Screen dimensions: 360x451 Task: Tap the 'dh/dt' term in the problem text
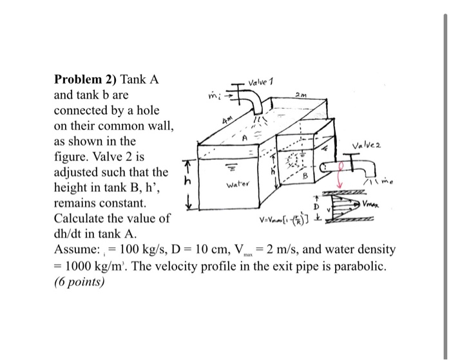(x=68, y=233)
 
